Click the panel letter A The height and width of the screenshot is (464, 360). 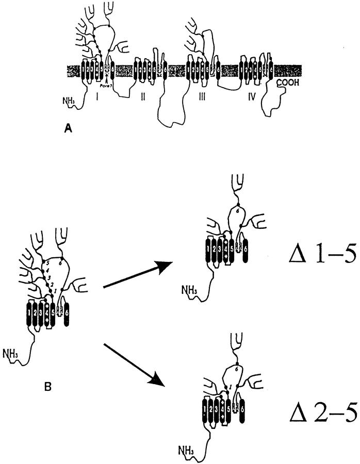[67, 131]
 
